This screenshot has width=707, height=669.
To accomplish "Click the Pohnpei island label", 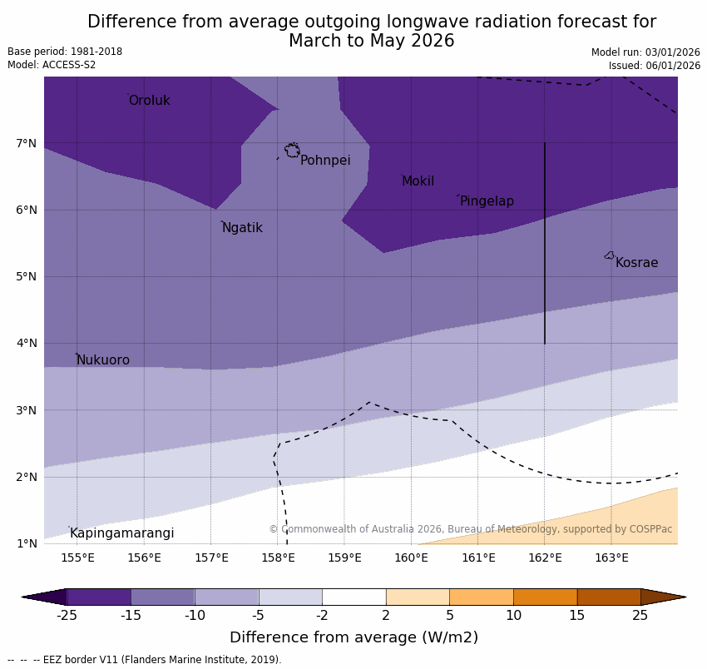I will [325, 161].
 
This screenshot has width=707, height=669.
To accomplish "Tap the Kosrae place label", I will [636, 263].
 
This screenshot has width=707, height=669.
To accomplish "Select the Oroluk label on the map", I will [149, 101].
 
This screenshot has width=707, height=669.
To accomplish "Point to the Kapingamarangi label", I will [121, 533].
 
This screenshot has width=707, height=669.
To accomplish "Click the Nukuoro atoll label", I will [102, 360].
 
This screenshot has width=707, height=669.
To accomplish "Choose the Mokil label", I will [418, 181].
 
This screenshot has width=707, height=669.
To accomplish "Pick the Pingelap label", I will [487, 201].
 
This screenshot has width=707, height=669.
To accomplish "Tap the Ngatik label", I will [242, 228].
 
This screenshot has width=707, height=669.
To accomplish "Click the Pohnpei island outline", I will [292, 151].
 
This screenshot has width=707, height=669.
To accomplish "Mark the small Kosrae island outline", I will [610, 255].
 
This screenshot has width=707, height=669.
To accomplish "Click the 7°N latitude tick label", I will [27, 143].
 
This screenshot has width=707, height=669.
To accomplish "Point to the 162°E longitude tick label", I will [545, 557].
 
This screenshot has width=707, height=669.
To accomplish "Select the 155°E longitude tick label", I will [77, 557].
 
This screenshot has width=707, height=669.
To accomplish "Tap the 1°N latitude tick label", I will [27, 544].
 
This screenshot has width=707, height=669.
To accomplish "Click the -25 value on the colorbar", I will [67, 616].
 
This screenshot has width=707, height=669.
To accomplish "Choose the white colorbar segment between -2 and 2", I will [353, 597].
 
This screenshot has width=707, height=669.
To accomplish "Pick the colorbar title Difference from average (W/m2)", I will [353, 638].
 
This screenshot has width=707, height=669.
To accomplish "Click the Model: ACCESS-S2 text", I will [52, 65].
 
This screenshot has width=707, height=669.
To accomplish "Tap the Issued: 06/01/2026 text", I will [654, 66].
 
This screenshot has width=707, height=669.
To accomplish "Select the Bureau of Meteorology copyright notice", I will [470, 529].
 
